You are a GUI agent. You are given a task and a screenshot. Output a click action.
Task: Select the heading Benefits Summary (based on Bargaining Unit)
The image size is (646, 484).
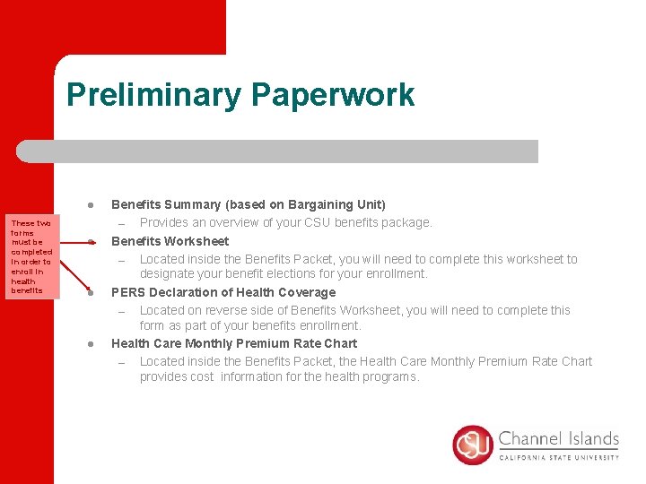(248, 204)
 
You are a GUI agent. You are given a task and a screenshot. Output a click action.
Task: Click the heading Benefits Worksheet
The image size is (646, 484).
(170, 241)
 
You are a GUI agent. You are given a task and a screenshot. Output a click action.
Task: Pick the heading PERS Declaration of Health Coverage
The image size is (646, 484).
(223, 292)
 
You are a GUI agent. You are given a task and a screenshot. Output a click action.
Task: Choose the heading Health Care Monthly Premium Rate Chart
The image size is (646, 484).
(233, 343)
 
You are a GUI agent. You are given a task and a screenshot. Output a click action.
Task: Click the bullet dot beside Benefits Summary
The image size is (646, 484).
(91, 205)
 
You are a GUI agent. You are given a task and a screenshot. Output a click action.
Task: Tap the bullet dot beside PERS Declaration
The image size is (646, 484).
(91, 293)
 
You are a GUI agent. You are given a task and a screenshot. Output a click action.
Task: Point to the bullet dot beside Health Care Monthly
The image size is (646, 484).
(91, 344)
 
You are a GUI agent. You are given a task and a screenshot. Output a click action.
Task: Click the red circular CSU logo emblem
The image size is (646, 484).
(473, 445)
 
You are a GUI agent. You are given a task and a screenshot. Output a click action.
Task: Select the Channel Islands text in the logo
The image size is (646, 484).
(558, 439)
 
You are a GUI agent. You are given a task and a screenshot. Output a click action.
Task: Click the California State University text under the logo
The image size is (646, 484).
(558, 457)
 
